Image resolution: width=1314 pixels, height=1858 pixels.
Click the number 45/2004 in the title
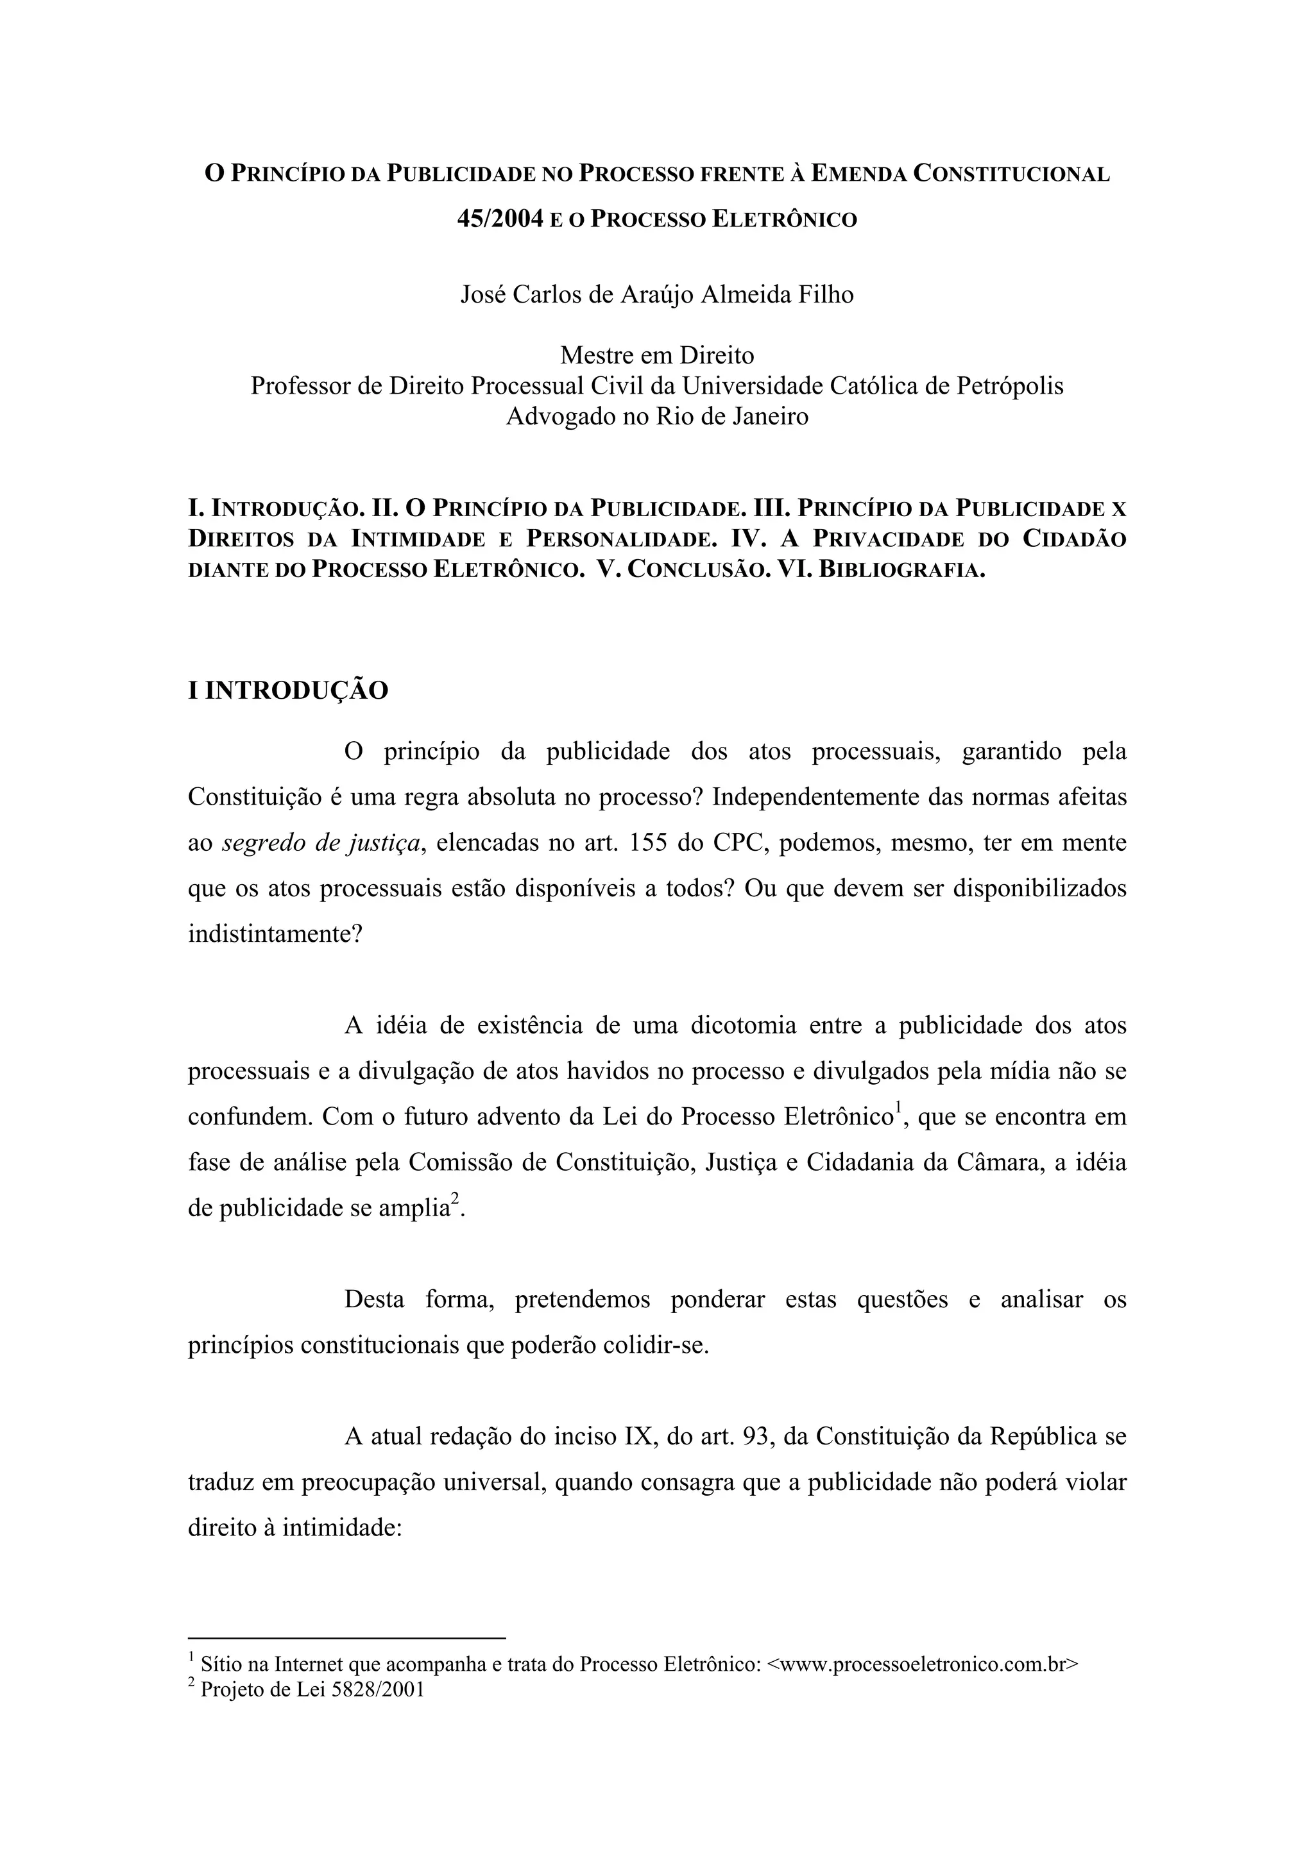point(500,219)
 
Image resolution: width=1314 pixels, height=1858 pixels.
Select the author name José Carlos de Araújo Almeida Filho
point(656,294)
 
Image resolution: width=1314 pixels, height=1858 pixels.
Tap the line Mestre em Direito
point(656,355)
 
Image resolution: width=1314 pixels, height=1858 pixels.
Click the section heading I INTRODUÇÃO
point(288,691)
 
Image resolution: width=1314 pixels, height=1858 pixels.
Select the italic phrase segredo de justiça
point(321,843)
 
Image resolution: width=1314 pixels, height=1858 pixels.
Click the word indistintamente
point(275,935)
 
